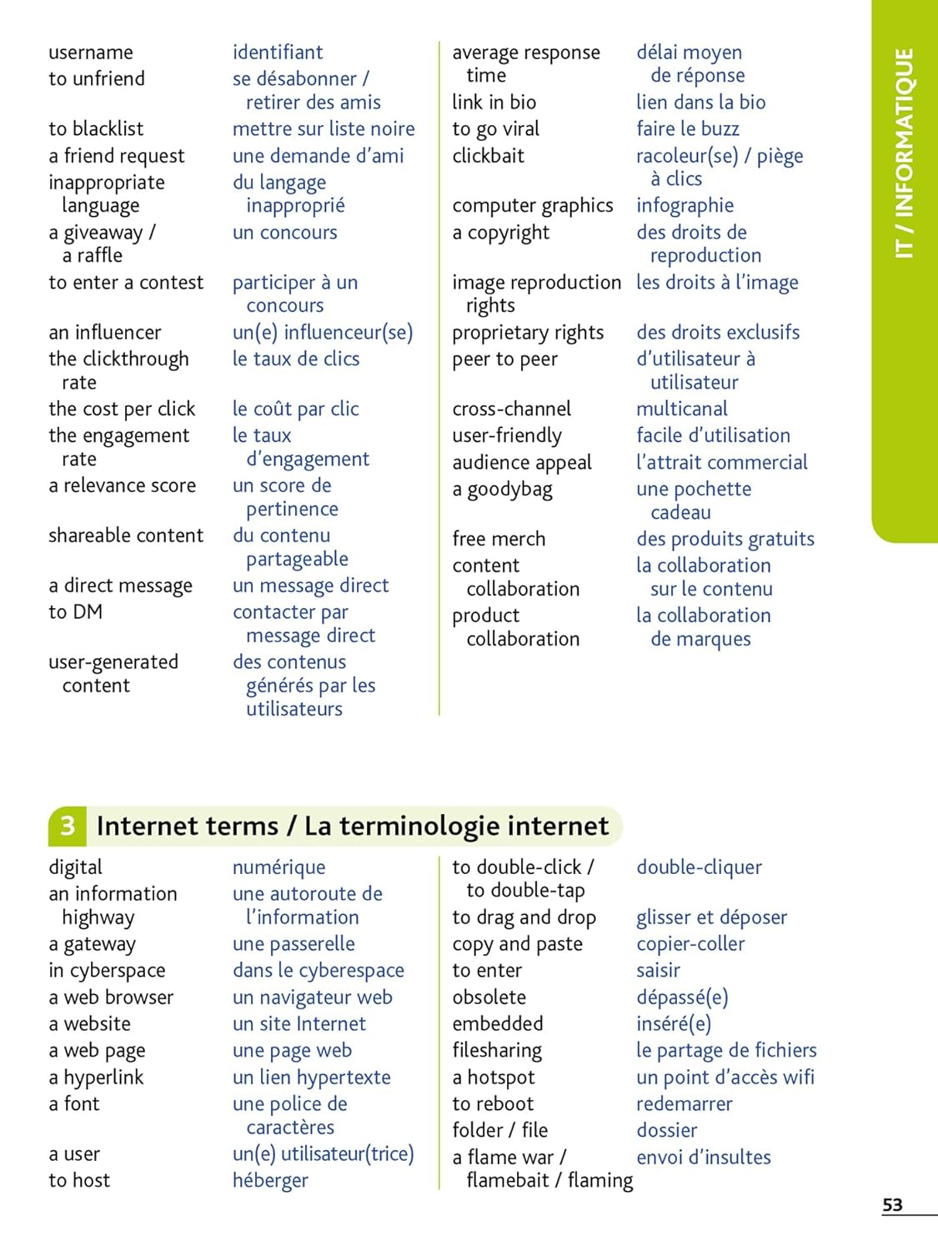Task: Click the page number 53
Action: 892,1205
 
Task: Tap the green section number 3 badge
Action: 68,826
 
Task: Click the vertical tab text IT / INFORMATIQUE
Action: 904,153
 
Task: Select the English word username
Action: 91,53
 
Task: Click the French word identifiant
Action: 278,53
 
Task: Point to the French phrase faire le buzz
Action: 688,128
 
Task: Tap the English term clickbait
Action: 489,156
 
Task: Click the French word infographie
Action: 685,205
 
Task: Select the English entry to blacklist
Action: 96,128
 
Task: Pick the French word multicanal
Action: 682,409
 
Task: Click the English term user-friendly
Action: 507,435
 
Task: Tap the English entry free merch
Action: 499,539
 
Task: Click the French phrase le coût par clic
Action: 296,409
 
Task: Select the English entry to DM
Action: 76,612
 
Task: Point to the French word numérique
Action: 279,867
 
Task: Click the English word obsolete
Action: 489,997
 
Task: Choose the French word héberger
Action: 270,1180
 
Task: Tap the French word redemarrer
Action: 685,1103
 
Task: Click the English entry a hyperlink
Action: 96,1078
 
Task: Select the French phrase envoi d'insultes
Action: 704,1157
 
